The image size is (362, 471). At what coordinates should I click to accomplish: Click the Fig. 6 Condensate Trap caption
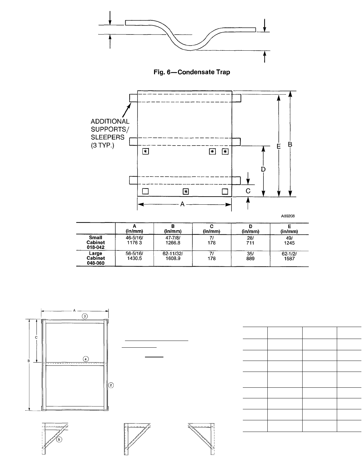click(x=191, y=72)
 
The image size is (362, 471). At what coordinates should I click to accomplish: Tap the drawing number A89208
click(x=288, y=216)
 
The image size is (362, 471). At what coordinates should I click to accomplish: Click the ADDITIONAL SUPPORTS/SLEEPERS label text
click(x=110, y=133)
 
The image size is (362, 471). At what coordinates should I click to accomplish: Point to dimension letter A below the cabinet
click(x=182, y=204)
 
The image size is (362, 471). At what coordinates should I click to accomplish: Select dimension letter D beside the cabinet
click(x=263, y=169)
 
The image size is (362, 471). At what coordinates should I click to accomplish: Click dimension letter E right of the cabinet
click(x=279, y=146)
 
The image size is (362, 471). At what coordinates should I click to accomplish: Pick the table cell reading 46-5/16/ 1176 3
click(x=134, y=240)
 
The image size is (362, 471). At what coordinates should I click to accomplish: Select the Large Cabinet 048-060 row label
click(x=96, y=258)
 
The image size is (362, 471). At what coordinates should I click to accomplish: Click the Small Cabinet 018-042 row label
click(x=96, y=242)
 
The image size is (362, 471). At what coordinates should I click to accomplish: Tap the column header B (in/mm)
click(x=173, y=229)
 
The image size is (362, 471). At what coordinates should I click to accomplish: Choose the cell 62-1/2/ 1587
click(x=289, y=256)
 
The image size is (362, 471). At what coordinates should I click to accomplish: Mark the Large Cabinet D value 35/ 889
click(x=250, y=256)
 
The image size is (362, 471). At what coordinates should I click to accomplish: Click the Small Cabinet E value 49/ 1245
click(x=289, y=241)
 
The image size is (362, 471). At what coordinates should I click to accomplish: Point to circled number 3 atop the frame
click(x=85, y=316)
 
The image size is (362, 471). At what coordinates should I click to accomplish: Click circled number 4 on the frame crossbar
click(x=86, y=359)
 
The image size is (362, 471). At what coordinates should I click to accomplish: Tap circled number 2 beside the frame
click(x=111, y=385)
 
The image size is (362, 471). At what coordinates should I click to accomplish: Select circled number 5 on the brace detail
click(x=59, y=440)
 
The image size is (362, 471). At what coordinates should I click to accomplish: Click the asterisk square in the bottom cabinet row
click(x=186, y=192)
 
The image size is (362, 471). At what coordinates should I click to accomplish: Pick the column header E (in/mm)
click(x=289, y=229)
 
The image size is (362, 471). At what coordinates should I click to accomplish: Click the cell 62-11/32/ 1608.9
click(x=173, y=256)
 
